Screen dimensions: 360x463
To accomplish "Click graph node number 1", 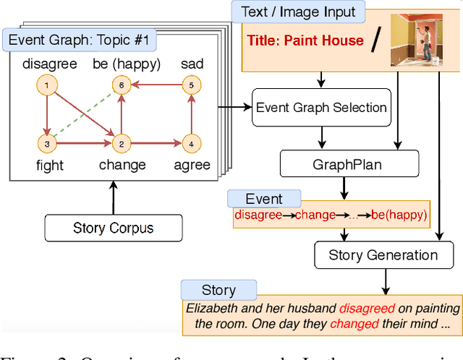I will pos(46,87).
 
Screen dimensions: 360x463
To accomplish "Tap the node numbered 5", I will pos(191,85).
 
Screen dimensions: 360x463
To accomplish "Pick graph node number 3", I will pos(46,144).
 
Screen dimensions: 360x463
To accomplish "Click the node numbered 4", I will pos(191,143).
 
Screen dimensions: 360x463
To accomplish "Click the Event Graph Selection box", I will pos(321,108).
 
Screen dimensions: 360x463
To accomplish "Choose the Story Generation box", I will pos(383,254).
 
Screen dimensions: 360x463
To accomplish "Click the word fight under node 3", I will pos(49,166).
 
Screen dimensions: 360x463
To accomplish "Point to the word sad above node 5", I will pos(191,64).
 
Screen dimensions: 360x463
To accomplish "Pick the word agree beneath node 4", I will pos(191,166).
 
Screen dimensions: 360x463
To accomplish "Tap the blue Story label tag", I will pos(218,290).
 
